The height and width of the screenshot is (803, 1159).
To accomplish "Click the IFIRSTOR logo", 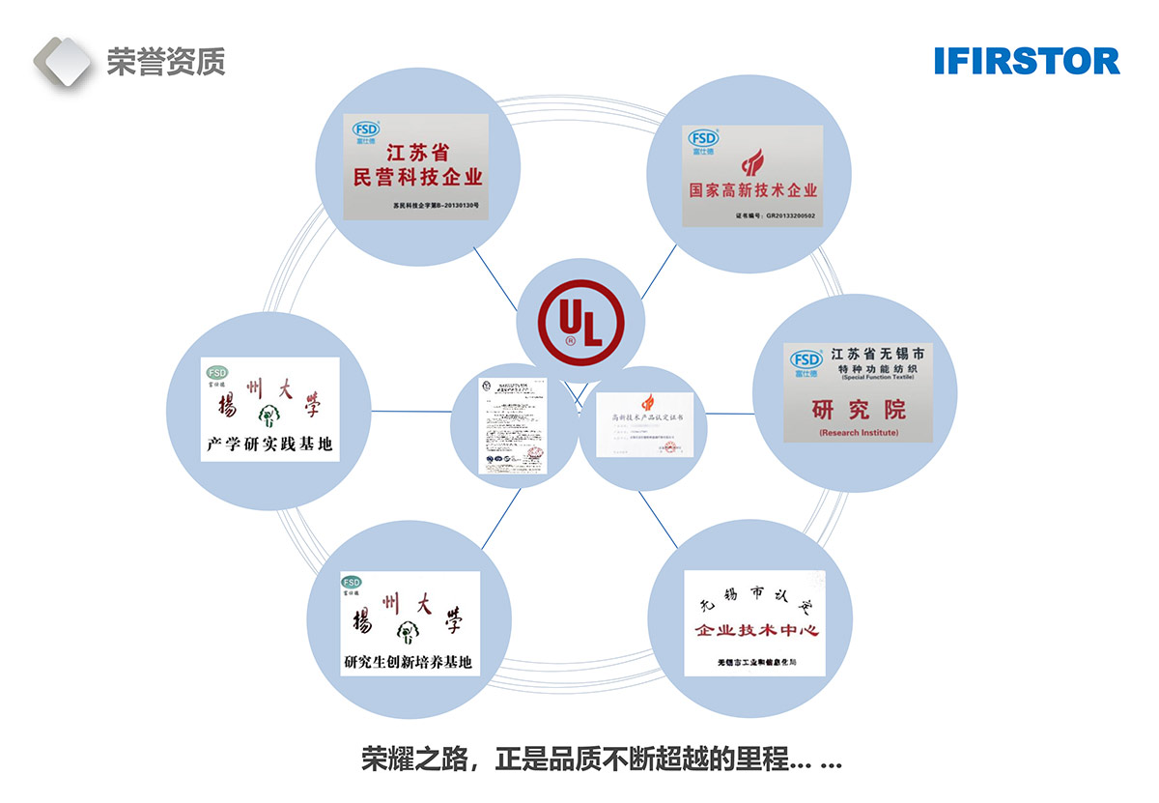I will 1027,61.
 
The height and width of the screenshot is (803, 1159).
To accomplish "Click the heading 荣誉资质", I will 165,63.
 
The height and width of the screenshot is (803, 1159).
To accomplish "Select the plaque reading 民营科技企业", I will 417,167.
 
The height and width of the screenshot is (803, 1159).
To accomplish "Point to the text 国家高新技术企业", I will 752,190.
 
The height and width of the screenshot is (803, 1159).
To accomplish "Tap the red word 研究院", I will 858,409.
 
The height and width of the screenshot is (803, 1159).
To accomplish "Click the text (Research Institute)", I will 858,433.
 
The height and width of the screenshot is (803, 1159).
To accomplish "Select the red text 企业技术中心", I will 756,631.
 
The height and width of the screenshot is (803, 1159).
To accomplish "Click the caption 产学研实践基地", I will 269,445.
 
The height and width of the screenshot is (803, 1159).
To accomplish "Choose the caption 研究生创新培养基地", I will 409,662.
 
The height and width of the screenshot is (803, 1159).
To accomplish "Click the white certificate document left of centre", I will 514,425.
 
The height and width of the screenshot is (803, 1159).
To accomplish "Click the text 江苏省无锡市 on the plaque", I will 877,355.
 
